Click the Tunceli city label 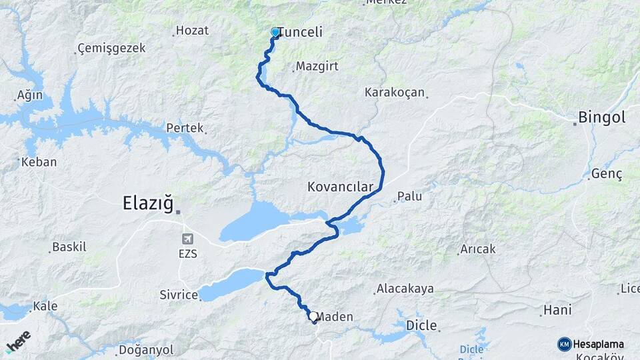pyautogui.click(x=300, y=32)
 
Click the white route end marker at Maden pyautogui.click(x=313, y=316)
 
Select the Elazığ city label pyautogui.click(x=148, y=203)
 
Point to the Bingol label pyautogui.click(x=603, y=118)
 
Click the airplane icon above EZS pyautogui.click(x=188, y=239)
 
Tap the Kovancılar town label pyautogui.click(x=340, y=187)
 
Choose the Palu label pyautogui.click(x=410, y=197)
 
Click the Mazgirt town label pyautogui.click(x=313, y=67)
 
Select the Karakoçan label pyautogui.click(x=395, y=93)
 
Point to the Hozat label pyautogui.click(x=193, y=31)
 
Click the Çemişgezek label pyautogui.click(x=111, y=49)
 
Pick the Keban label pyautogui.click(x=39, y=162)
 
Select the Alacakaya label pyautogui.click(x=405, y=289)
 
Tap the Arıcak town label pyautogui.click(x=478, y=249)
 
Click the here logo pyautogui.click(x=18, y=341)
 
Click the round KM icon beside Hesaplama pyautogui.click(x=564, y=344)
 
